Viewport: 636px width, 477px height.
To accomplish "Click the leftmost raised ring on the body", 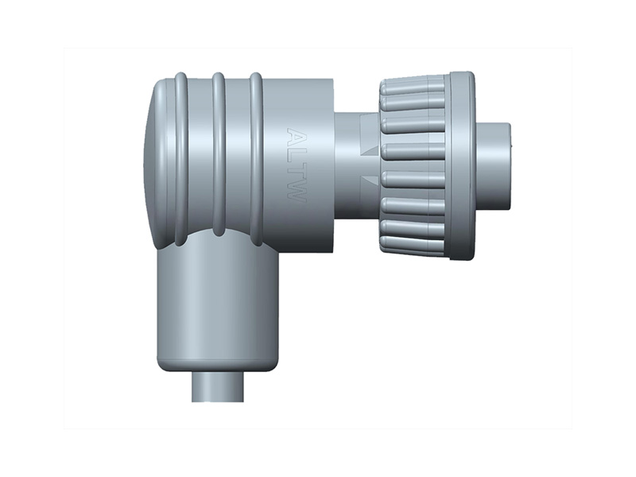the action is click(x=181, y=160).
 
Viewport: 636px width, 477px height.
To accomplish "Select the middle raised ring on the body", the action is click(x=219, y=154).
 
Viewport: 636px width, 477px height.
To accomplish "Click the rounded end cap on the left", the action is click(x=159, y=162).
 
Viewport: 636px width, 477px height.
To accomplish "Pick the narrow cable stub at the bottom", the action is click(x=218, y=386).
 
